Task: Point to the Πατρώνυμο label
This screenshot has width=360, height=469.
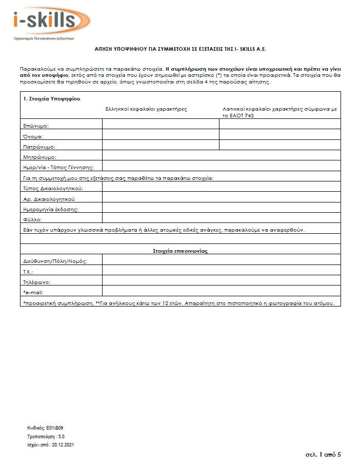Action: coord(39,147)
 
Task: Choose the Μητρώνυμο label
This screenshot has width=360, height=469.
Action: coord(39,157)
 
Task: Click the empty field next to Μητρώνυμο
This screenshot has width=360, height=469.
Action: coord(221,155)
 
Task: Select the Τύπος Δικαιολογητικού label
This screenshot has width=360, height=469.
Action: coord(53,189)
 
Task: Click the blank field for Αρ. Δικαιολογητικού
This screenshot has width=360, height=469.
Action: coord(221,197)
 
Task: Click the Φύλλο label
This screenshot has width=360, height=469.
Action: coord(32,220)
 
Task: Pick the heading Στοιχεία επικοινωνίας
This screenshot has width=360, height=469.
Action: coord(179,251)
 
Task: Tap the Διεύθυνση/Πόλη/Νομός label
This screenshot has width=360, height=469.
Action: coord(55,261)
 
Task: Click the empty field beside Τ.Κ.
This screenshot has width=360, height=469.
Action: coord(221,270)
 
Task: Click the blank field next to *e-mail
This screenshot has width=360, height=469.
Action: coord(221,291)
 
